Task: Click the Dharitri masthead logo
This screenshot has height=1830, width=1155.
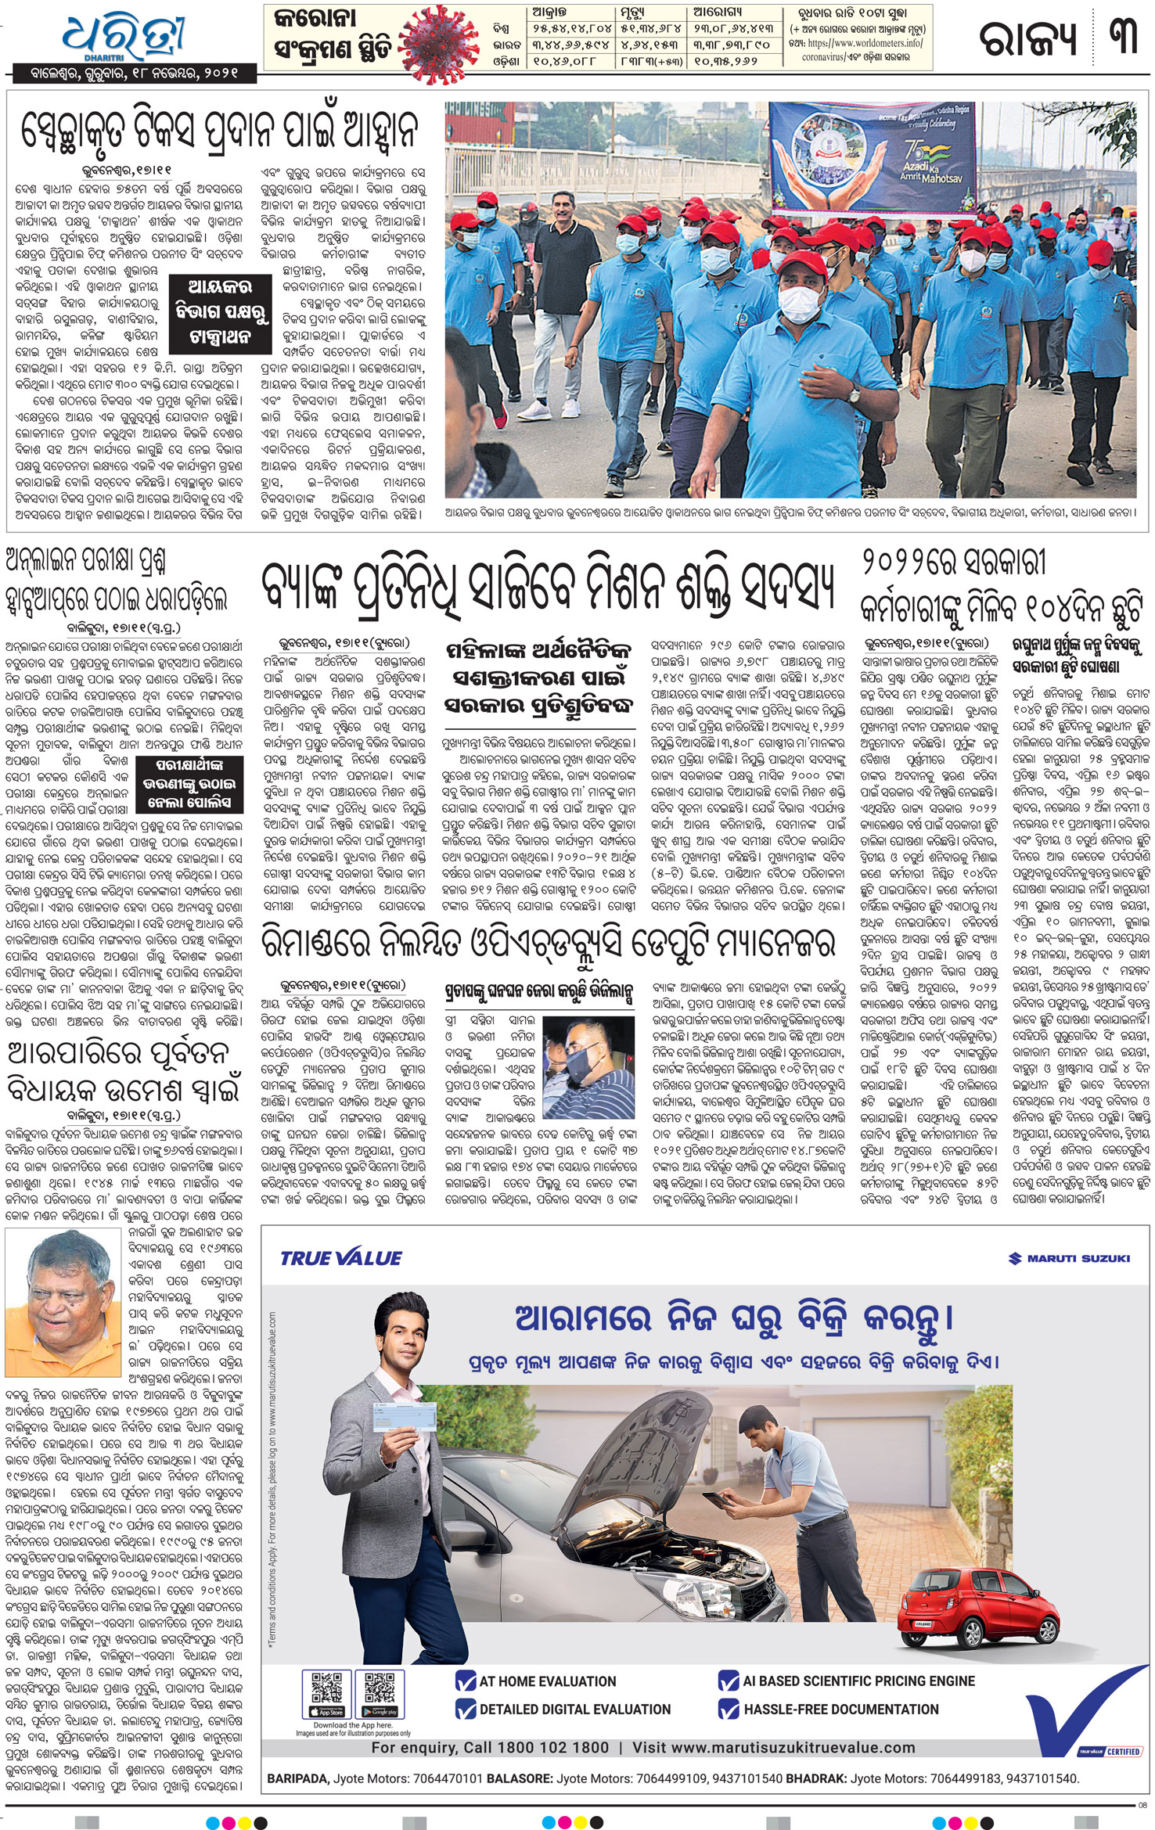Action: [x=124, y=35]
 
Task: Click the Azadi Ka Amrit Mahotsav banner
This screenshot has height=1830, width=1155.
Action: [x=872, y=159]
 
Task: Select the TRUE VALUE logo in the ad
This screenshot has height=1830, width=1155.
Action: [x=340, y=1258]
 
